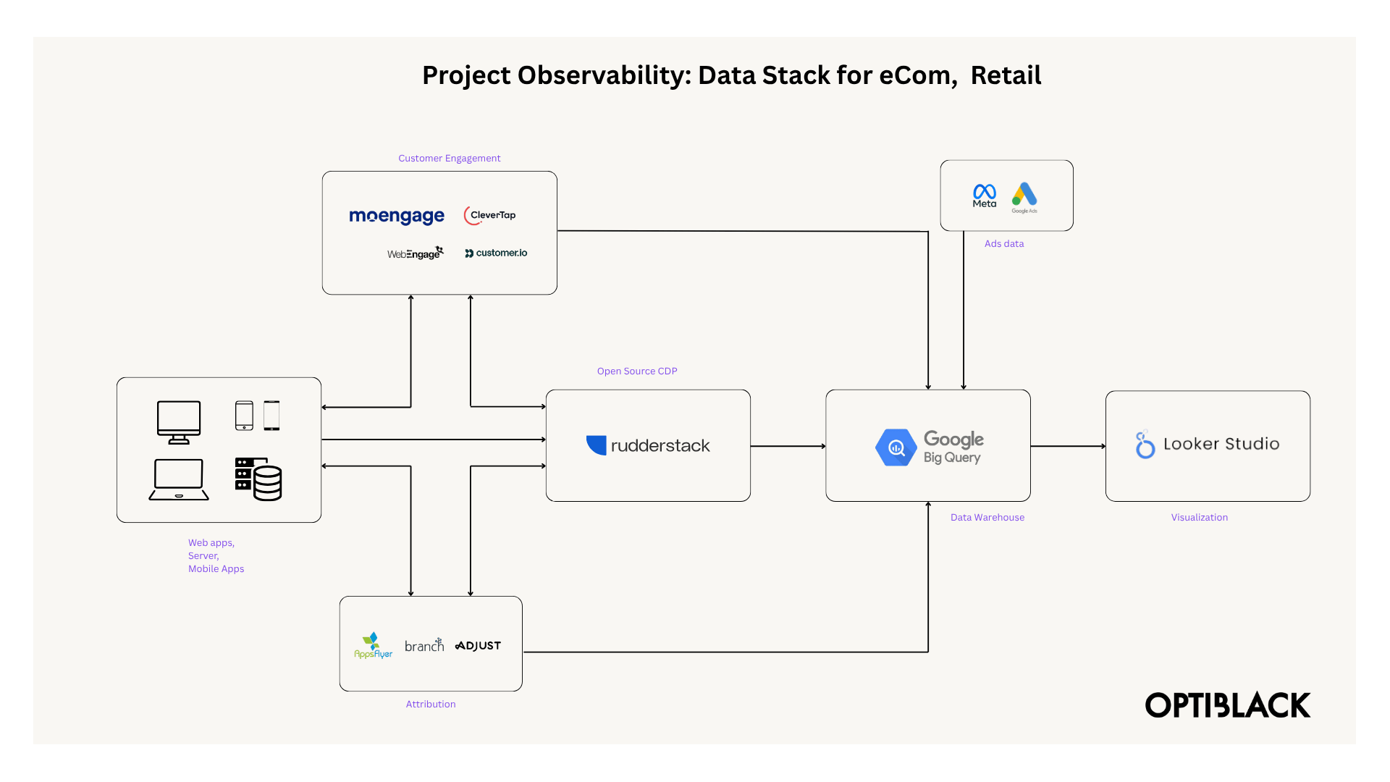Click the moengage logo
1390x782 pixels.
point(397,216)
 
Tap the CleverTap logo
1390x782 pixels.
point(490,215)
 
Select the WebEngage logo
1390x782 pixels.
point(415,253)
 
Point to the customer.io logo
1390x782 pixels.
point(496,253)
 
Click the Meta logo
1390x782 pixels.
point(984,195)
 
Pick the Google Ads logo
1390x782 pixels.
point(1024,196)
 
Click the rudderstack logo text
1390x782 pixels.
point(660,446)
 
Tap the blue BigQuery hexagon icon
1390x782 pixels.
point(896,447)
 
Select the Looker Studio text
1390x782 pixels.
point(1221,444)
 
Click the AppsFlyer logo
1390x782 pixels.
point(373,645)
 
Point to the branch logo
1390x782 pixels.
point(424,645)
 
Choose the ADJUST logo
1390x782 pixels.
point(478,645)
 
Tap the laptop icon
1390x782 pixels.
point(179,479)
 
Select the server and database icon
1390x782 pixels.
point(258,479)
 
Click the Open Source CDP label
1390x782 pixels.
point(637,371)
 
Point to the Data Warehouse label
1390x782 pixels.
point(987,518)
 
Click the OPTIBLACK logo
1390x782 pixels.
point(1227,705)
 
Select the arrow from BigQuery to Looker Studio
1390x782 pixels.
point(1068,446)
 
